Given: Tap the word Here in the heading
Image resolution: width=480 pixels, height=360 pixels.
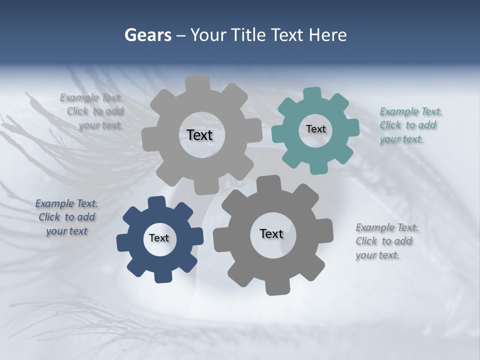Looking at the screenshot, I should (x=328, y=35).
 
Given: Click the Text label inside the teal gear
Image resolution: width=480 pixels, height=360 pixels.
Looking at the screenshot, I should (x=315, y=129).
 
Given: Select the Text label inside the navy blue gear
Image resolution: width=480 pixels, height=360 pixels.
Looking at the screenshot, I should (x=159, y=238).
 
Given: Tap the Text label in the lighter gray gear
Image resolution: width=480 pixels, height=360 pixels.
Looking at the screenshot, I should (x=199, y=135).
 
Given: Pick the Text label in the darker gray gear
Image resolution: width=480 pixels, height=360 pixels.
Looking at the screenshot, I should (x=271, y=233).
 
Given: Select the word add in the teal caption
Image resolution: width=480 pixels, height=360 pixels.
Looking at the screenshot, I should (x=427, y=125).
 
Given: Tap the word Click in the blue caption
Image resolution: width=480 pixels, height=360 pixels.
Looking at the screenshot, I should (x=49, y=217).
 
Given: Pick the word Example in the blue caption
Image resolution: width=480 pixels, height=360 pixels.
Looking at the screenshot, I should (x=54, y=203).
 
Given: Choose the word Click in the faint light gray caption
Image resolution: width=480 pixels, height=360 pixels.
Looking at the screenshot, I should (x=77, y=111).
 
